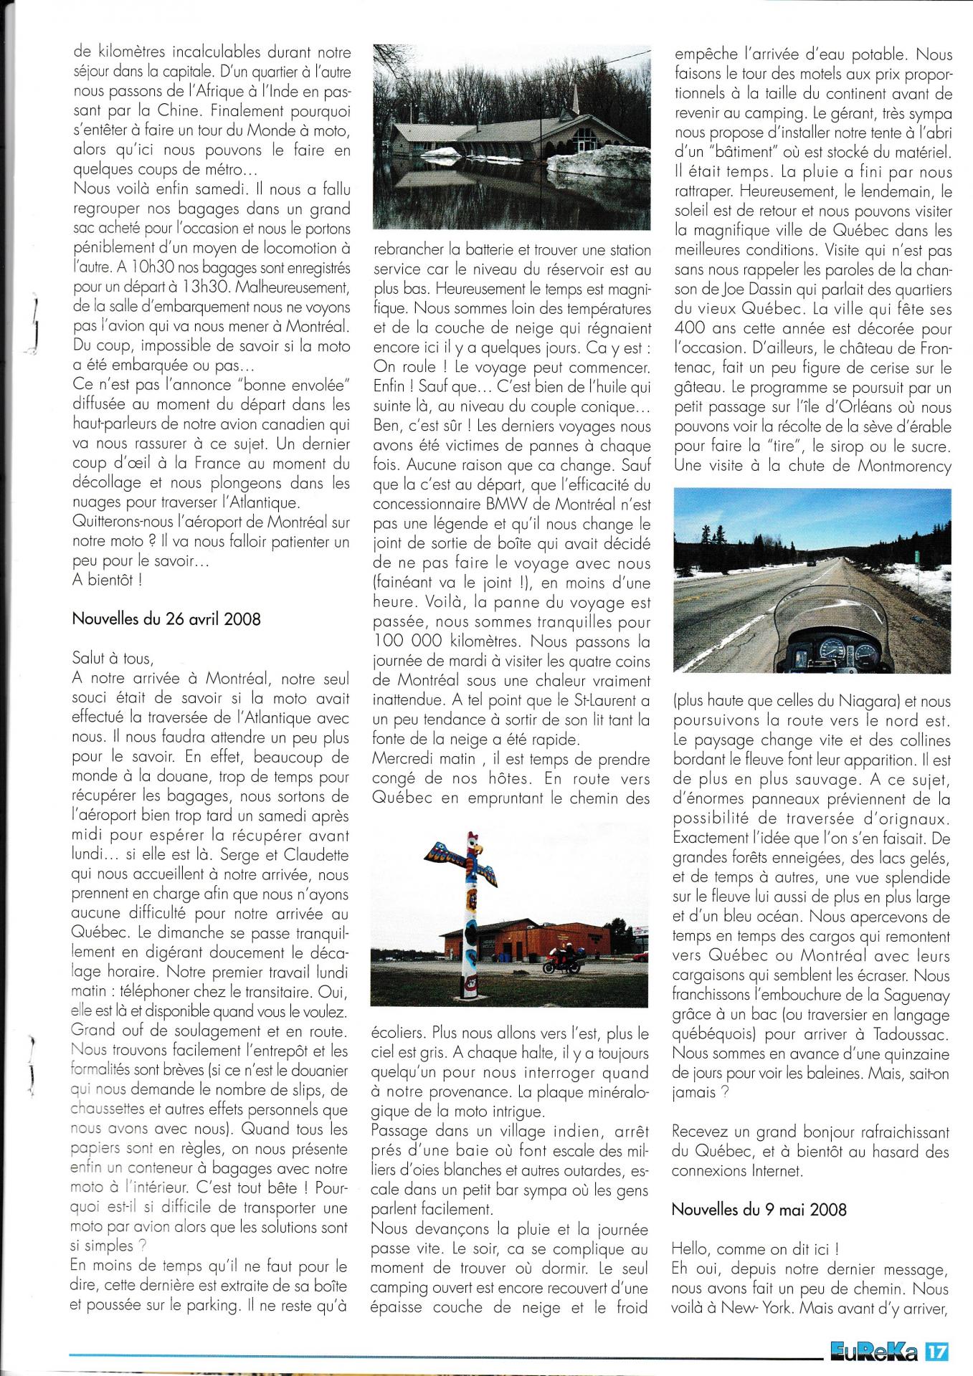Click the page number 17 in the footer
[x=937, y=1350]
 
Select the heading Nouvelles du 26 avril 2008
[x=166, y=619]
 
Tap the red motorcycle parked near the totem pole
[x=561, y=962]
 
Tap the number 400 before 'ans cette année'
[x=692, y=329]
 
